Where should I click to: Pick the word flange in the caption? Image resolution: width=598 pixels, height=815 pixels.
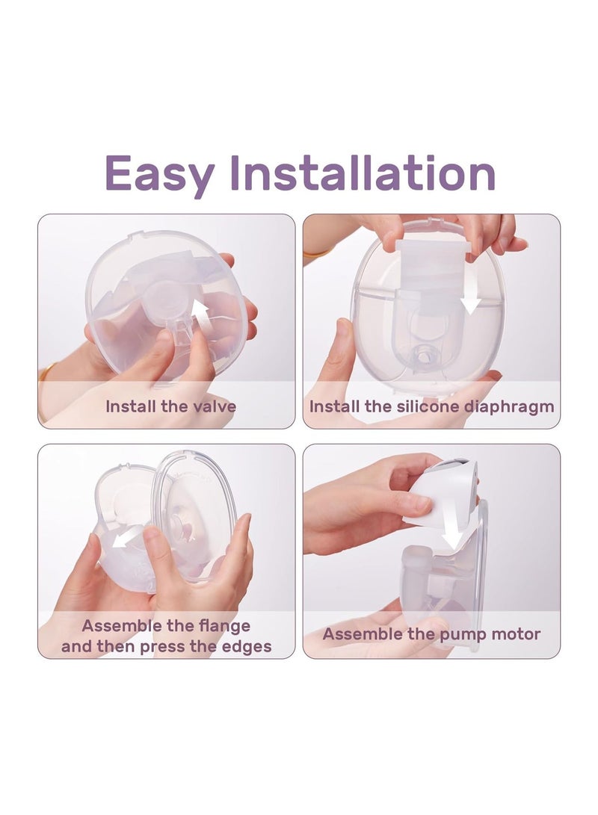click(x=224, y=625)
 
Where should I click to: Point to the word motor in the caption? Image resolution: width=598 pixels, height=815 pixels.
click(x=515, y=635)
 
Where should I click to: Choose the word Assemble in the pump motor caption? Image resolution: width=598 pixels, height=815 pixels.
click(x=360, y=635)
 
